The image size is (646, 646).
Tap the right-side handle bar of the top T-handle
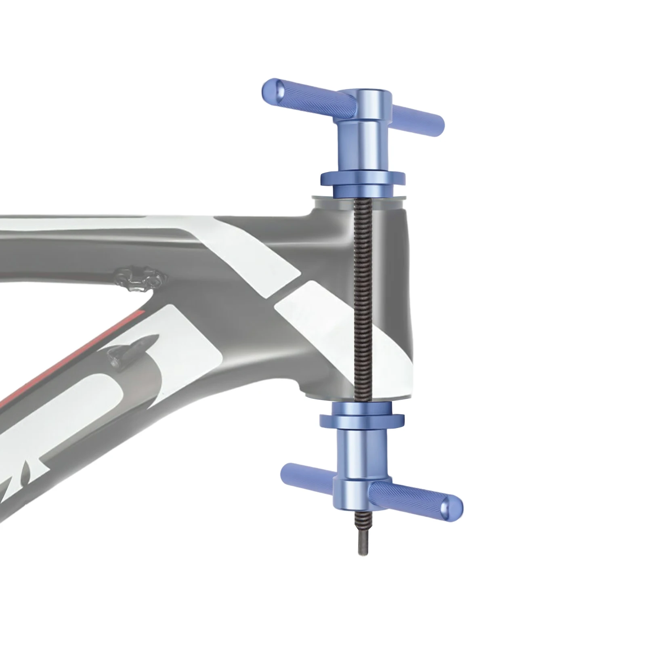click(x=418, y=115)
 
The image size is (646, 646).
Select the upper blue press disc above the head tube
click(x=363, y=178)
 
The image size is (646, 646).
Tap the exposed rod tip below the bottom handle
click(x=359, y=543)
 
